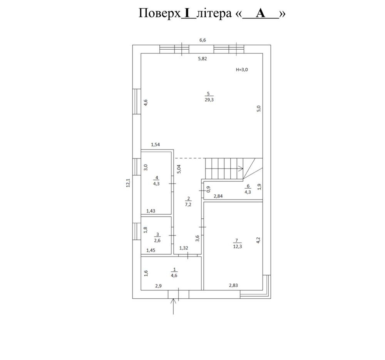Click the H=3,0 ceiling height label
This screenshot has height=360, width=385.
click(x=242, y=70)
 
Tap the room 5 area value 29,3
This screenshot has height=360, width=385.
click(x=209, y=100)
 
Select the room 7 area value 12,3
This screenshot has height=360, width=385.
click(x=238, y=246)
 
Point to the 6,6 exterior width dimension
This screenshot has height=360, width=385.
click(x=203, y=40)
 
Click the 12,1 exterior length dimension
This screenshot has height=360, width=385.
click(x=128, y=183)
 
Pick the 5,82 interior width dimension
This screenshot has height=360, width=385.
click(x=203, y=59)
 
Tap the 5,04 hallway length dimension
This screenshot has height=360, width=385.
click(x=179, y=169)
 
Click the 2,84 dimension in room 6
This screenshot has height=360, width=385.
click(x=218, y=196)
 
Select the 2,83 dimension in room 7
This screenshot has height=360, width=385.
click(x=233, y=285)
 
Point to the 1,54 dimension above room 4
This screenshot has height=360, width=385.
click(x=155, y=145)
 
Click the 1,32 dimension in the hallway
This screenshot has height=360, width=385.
click(x=184, y=248)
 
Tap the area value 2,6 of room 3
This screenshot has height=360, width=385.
click(x=157, y=241)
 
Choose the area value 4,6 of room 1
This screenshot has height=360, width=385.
click(x=174, y=276)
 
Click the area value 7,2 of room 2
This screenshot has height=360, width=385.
click(x=188, y=204)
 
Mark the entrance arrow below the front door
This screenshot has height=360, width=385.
click(x=173, y=306)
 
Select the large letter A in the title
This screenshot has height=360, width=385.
click(x=261, y=13)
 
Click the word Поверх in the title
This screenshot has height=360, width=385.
click(x=160, y=13)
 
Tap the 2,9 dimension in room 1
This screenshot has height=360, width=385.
click(x=158, y=286)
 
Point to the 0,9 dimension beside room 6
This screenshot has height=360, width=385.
click(x=208, y=189)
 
